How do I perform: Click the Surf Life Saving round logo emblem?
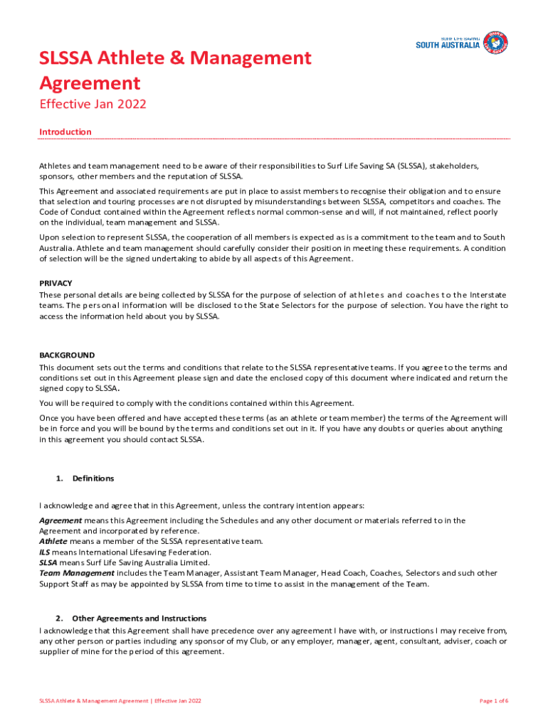pos(495,43)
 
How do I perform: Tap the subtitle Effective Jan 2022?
pos(93,105)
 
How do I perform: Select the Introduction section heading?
pos(65,132)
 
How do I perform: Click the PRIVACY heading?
pos(56,283)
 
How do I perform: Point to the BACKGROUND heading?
pos(67,355)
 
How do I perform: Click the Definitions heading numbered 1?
pos(93,478)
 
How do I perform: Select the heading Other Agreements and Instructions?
pos(139,619)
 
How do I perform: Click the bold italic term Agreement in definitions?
pos(60,520)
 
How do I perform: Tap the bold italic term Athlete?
pos(53,541)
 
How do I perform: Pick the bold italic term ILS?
pos(45,552)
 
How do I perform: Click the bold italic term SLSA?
pos(48,562)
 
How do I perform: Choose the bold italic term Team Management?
pos(76,573)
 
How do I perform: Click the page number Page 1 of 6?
pos(494,701)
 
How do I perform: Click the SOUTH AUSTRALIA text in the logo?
pos(448,46)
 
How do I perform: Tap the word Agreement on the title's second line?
pos(90,83)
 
